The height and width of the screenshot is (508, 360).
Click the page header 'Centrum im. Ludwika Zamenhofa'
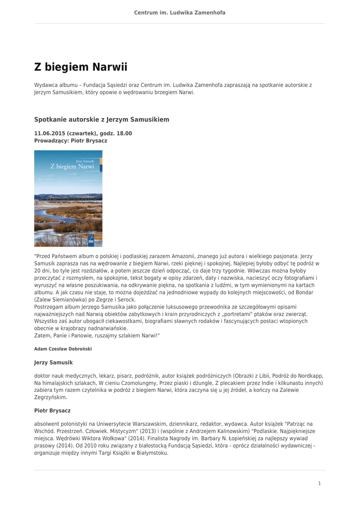[x=180, y=12]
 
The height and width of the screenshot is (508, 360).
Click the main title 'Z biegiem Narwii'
[x=81, y=67]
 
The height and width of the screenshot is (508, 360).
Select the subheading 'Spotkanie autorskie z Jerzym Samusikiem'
[x=101, y=120]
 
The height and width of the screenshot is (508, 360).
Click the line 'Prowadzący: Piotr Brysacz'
[x=71, y=140]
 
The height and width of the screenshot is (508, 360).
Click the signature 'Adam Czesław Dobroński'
[x=63, y=349]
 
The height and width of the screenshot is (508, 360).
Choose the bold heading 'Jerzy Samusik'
[x=53, y=363]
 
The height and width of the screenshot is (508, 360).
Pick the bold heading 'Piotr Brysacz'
[x=52, y=411]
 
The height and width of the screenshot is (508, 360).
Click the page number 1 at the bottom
[x=319, y=483]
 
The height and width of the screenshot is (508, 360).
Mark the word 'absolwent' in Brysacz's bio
[x=47, y=424]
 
